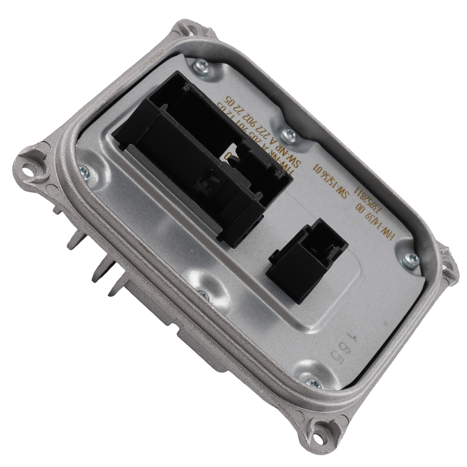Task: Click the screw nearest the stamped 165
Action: [312, 383]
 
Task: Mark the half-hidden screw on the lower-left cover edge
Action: [202, 294]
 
